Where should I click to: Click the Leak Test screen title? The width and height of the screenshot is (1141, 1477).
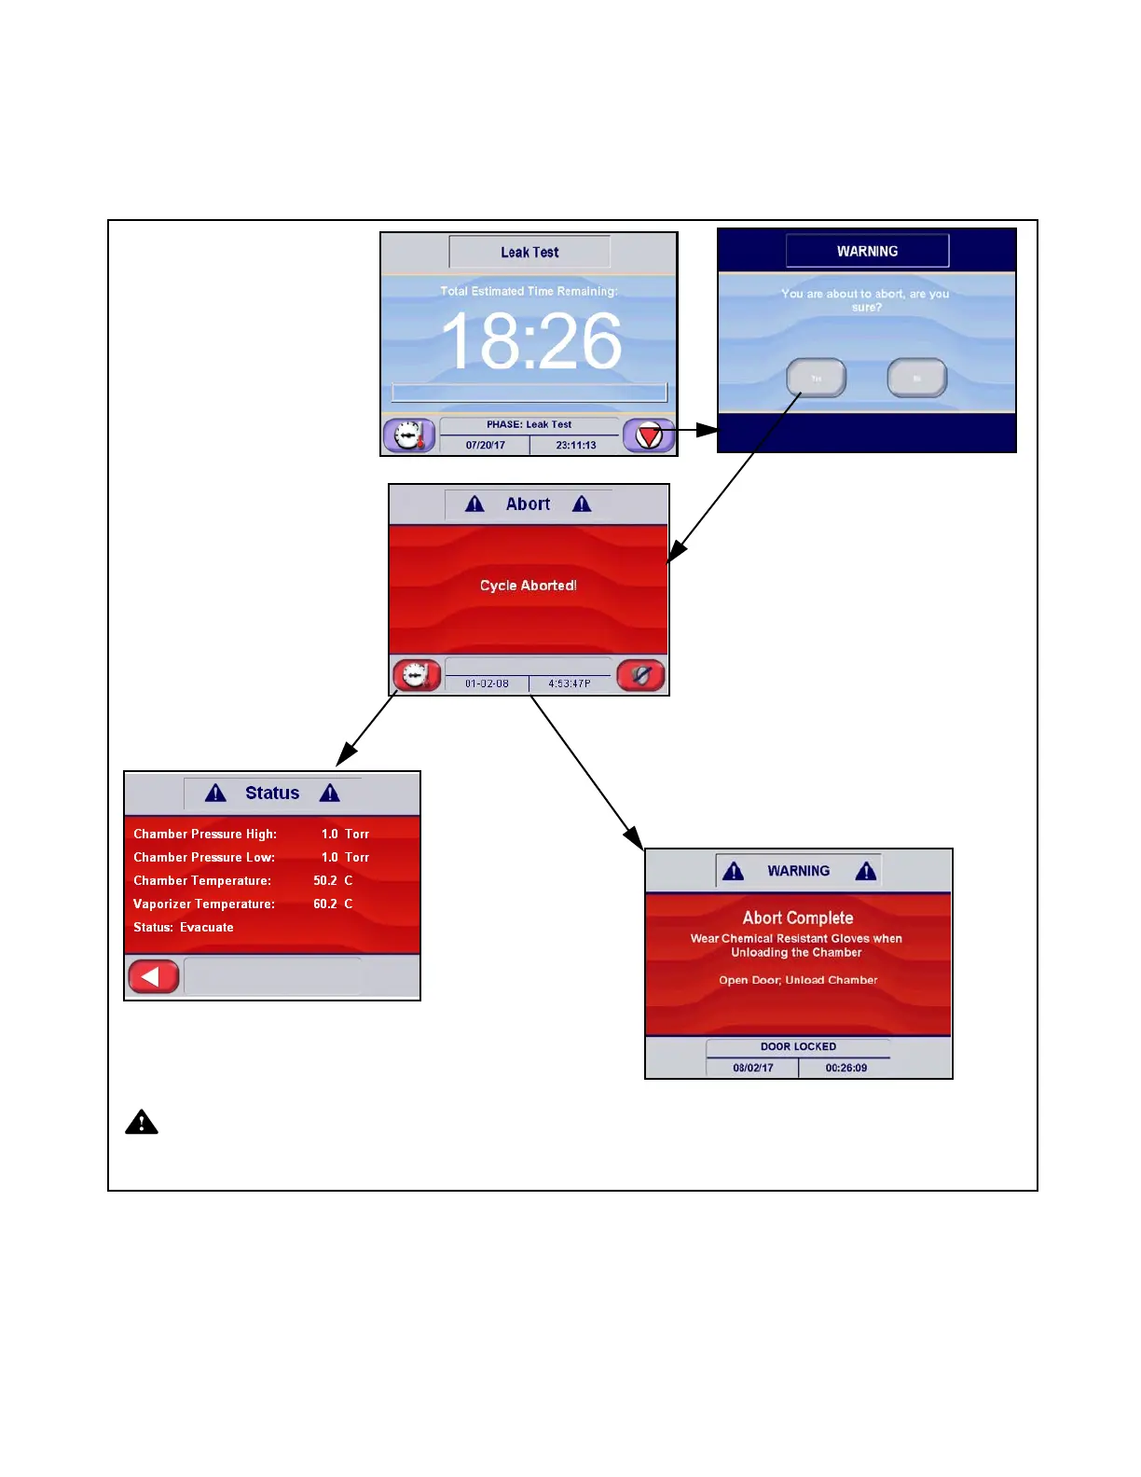[529, 252]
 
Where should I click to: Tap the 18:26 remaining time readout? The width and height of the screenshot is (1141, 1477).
[530, 341]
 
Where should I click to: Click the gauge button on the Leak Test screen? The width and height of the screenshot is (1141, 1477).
[409, 435]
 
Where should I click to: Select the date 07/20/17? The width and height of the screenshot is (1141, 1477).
[485, 446]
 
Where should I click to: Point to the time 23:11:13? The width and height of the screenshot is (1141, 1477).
[576, 446]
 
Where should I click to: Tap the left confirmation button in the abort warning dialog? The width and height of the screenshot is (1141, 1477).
[817, 378]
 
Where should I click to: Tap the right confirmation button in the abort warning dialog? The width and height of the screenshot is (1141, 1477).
[917, 378]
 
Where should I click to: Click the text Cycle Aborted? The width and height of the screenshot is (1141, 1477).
[529, 586]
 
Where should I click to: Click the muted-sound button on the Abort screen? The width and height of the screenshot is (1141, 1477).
[641, 675]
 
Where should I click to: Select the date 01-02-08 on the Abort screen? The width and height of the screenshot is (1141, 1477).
[487, 683]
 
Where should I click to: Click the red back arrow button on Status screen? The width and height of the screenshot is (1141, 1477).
[153, 976]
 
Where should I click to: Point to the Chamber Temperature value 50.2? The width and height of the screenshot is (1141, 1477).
[325, 880]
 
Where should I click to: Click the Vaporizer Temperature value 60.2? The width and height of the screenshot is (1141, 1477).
[325, 904]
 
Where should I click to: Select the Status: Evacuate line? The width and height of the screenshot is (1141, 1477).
[184, 927]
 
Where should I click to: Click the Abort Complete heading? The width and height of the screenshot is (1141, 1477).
[798, 918]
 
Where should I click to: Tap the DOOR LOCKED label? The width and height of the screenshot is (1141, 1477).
[798, 1046]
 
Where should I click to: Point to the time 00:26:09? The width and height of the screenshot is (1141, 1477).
[845, 1068]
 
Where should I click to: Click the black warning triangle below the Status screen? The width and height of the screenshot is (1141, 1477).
[142, 1122]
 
